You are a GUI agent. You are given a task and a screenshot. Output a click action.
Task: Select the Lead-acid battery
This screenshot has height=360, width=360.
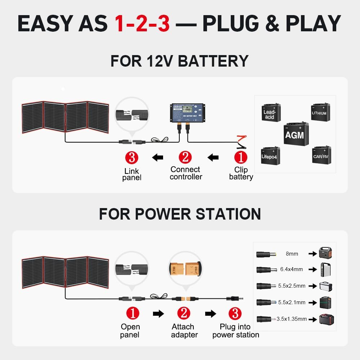click(x=270, y=112)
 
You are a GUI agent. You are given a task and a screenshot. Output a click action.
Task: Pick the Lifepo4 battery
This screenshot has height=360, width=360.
click(x=270, y=156)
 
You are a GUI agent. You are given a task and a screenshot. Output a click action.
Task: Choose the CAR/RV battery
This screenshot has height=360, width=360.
click(x=321, y=155)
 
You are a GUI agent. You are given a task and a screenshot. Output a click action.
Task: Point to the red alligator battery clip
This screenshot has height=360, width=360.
click(x=240, y=139)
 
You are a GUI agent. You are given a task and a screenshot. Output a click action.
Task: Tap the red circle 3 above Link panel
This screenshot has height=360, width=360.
click(x=131, y=157)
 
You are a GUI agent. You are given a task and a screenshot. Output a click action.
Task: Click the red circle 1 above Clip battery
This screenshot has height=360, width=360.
click(x=240, y=157)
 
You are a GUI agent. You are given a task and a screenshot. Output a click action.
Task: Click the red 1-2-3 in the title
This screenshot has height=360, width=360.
click(x=142, y=24)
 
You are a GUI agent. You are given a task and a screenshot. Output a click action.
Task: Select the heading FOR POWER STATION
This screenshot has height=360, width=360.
click(x=180, y=214)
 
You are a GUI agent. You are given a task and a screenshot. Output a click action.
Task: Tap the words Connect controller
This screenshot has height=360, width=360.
click(x=186, y=173)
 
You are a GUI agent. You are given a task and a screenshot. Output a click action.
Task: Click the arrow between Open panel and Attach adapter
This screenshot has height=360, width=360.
click(x=158, y=314)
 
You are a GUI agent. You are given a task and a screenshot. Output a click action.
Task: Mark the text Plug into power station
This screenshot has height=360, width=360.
click(x=235, y=331)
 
